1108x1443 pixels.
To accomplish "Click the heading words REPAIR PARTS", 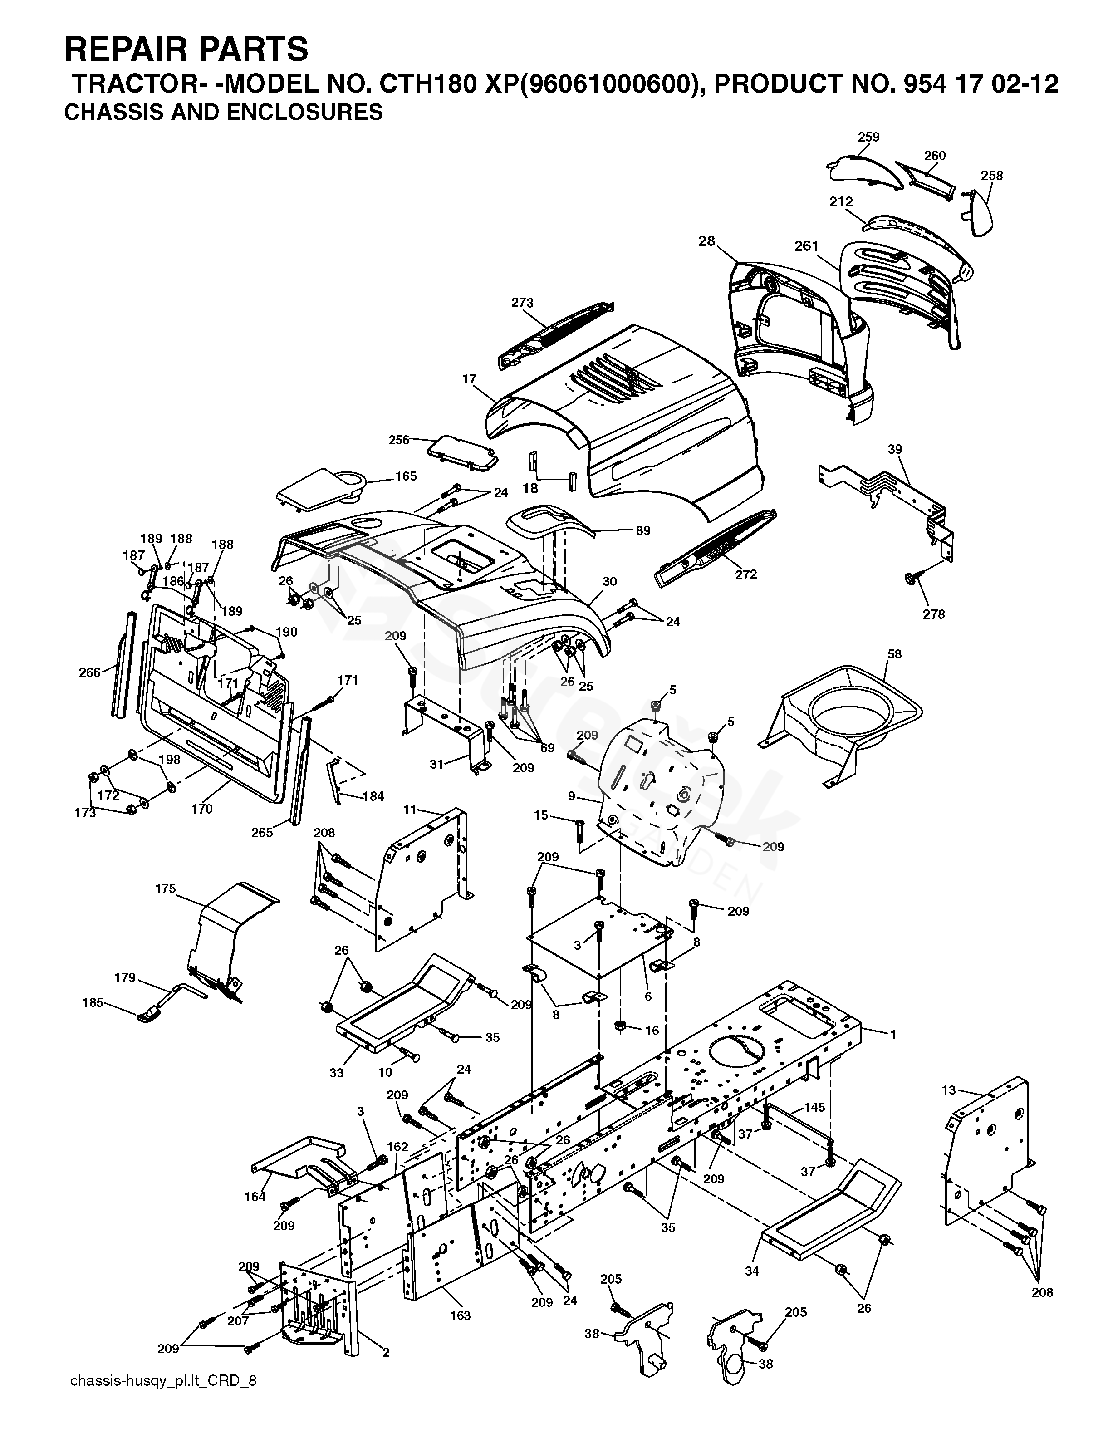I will click(186, 49).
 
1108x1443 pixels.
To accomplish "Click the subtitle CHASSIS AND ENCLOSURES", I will click(223, 112).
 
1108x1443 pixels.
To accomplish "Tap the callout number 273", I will click(522, 303).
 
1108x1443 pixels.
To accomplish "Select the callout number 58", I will click(894, 654).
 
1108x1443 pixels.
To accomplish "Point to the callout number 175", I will click(166, 888).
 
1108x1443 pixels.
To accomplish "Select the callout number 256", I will click(399, 439).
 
